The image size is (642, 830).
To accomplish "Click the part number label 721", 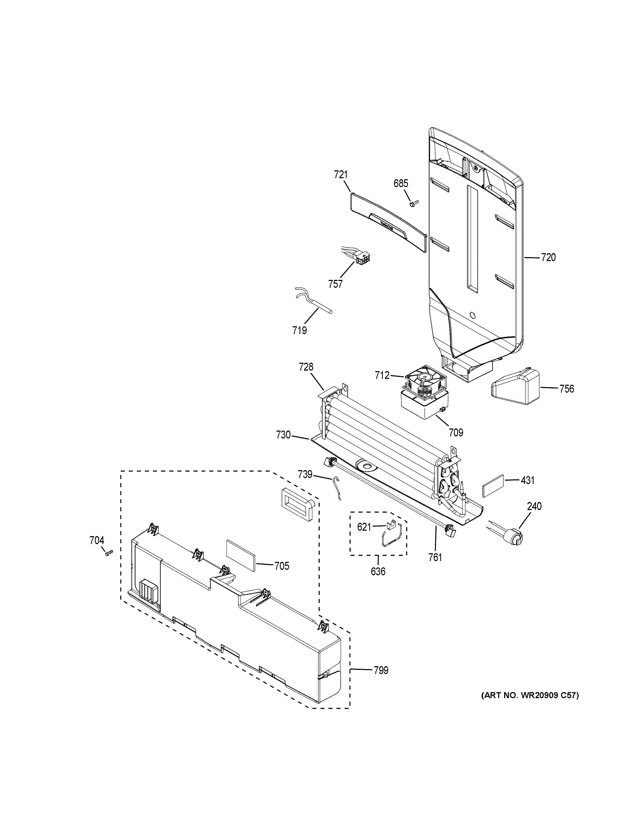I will pos(341,175).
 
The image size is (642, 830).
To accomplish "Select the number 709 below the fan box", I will pos(456,432).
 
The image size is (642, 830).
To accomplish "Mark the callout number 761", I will pos(435,557).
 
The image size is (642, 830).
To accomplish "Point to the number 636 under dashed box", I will pos(378,582).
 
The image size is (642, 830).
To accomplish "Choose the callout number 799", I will pos(381,670).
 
